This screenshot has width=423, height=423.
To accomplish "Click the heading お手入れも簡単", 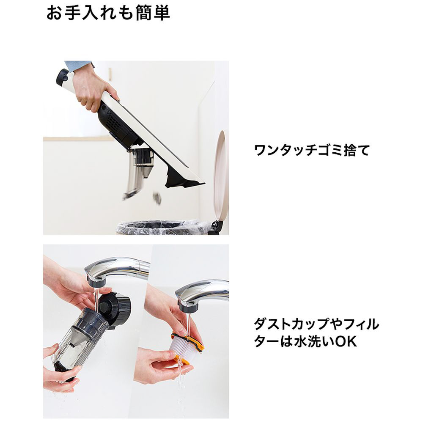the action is pos(108,13).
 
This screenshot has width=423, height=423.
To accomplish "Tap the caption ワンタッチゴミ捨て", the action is pos(312,150).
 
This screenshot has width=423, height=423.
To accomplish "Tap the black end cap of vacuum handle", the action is pos(63,78).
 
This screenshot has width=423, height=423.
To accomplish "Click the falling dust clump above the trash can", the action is pos(157,198).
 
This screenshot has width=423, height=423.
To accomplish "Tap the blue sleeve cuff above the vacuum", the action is pos(78,66).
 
